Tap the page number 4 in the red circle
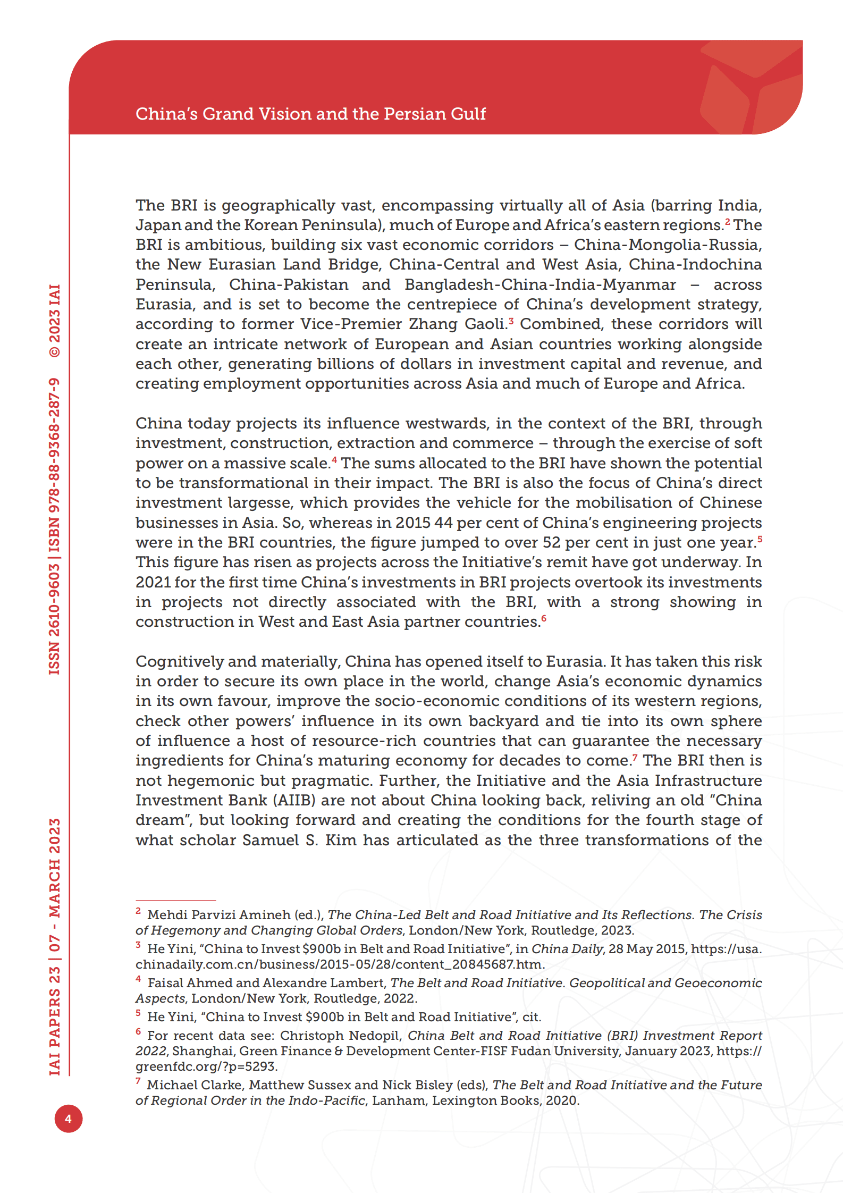68,1119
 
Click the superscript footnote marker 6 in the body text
544,618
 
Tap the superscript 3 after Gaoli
511,321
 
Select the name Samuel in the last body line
271,841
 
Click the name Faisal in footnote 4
166,983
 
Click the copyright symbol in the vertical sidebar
55,351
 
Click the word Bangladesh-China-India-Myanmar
540,285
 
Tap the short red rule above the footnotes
175,901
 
